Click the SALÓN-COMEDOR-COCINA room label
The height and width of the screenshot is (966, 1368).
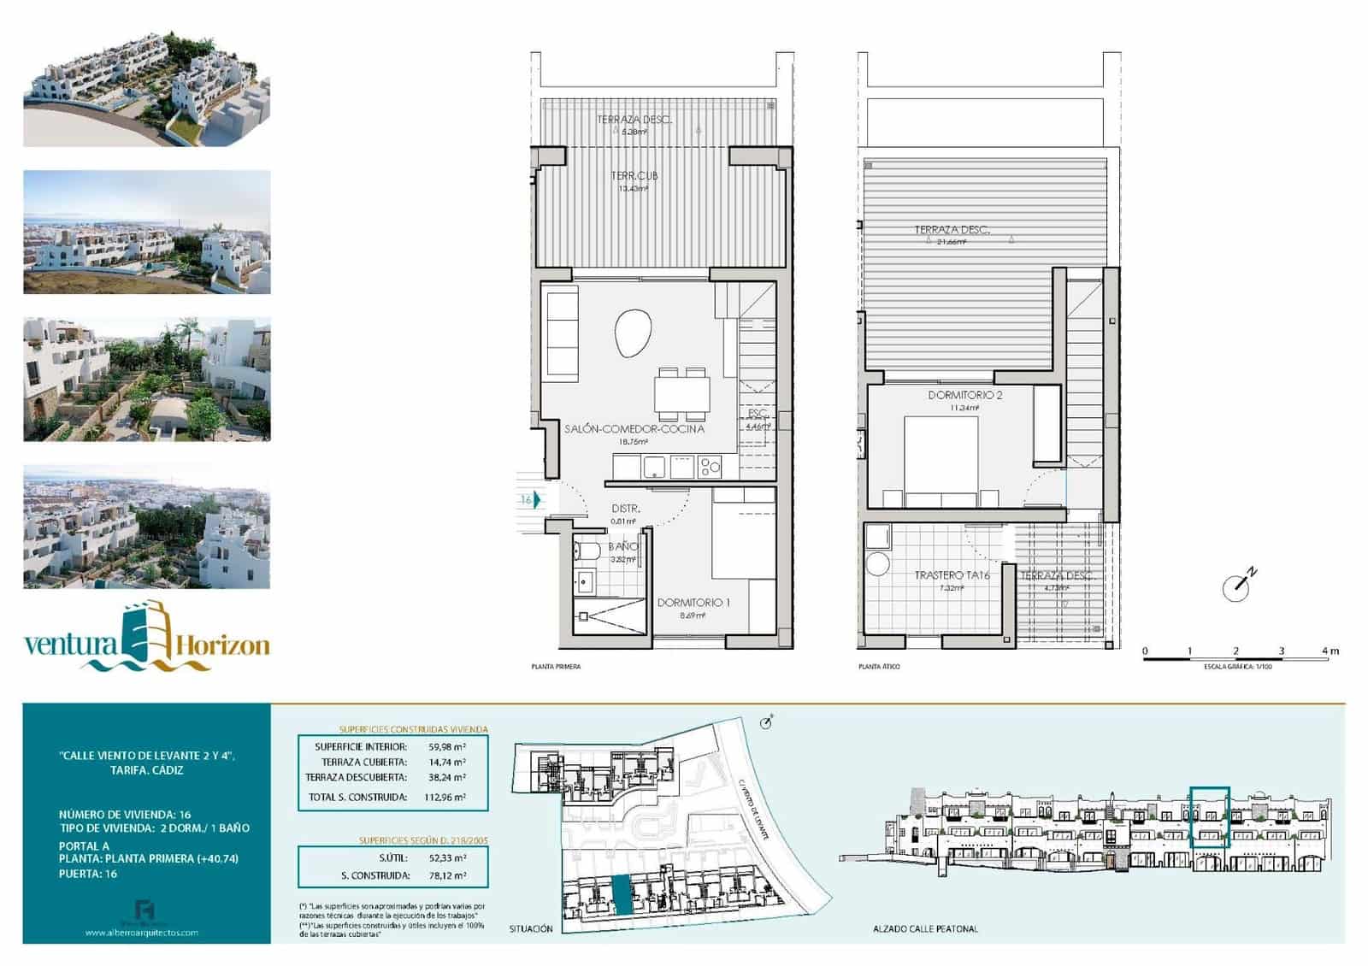(634, 428)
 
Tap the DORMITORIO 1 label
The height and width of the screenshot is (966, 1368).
(693, 603)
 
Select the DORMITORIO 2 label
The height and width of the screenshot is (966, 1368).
(964, 395)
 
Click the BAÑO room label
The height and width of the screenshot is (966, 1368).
(622, 546)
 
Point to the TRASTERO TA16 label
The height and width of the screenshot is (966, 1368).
(952, 575)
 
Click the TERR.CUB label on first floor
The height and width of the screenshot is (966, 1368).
(634, 175)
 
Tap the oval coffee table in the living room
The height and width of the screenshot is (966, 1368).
(634, 333)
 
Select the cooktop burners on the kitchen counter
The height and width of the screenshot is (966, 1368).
(710, 467)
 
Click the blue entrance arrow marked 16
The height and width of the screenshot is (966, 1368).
(537, 500)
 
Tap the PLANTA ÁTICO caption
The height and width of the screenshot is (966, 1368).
(879, 667)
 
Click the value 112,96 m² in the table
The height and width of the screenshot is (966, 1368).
(446, 798)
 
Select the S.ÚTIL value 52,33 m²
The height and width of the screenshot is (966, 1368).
(446, 857)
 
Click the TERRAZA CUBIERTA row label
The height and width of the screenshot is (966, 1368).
(364, 762)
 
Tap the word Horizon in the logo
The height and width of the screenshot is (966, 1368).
(224, 645)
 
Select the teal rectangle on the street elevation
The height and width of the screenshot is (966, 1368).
(1210, 817)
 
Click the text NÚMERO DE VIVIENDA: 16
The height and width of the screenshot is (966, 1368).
(125, 815)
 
